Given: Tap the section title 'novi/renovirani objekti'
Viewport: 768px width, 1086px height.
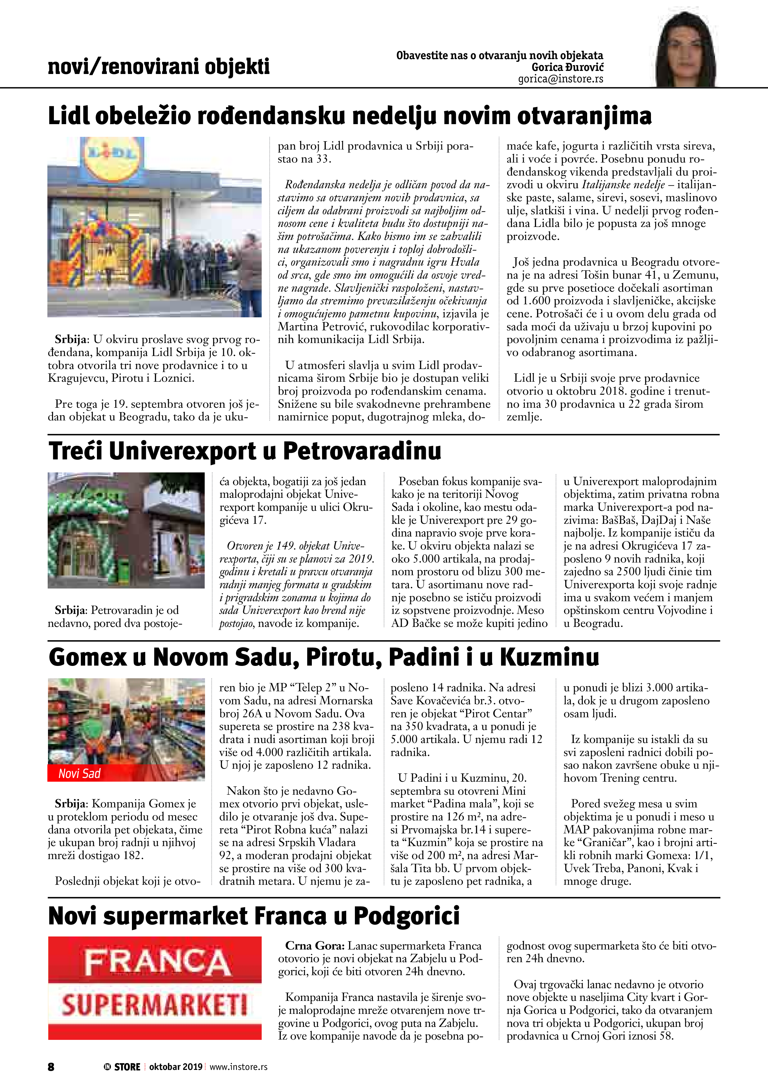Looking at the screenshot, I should [159, 67].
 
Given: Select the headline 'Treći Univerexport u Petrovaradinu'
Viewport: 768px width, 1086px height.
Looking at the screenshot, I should [245, 451].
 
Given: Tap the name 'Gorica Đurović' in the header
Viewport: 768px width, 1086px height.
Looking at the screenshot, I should [567, 67].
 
